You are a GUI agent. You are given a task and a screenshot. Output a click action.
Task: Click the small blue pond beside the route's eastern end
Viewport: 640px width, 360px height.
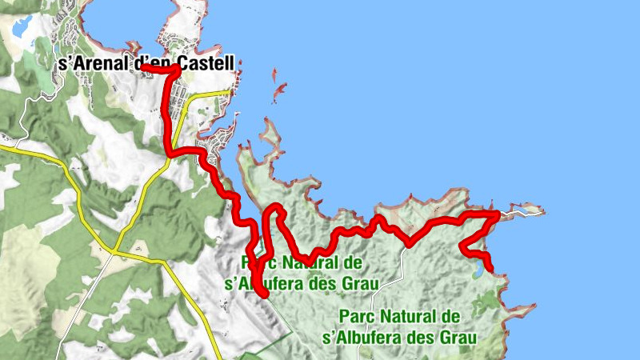pos(478,272)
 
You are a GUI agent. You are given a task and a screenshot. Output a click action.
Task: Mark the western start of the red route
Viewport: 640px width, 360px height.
pos(143,68)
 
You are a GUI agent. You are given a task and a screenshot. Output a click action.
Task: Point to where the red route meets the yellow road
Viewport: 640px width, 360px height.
pos(170,152)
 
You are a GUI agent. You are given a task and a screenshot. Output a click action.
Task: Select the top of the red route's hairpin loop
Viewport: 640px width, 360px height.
pos(274,208)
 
